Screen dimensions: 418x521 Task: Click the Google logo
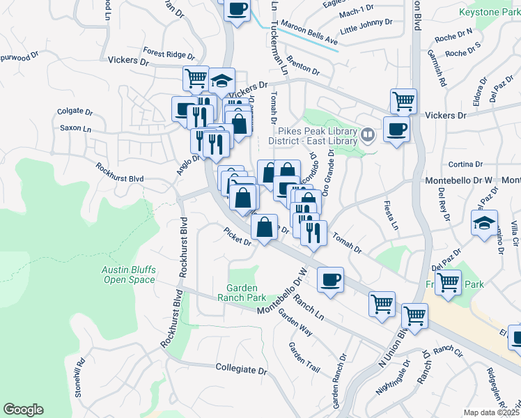click(23, 410)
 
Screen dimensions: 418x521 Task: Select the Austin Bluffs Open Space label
click(129, 274)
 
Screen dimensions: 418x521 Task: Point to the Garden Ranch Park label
click(242, 293)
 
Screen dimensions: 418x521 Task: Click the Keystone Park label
click(489, 13)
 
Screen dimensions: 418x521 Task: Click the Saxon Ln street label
click(75, 128)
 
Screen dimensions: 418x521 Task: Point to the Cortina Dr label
click(466, 164)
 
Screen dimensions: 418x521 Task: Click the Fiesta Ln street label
click(391, 217)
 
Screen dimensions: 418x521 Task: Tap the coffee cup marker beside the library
click(396, 129)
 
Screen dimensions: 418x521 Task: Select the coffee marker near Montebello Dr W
click(330, 280)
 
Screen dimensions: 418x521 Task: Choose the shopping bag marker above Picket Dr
click(265, 227)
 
